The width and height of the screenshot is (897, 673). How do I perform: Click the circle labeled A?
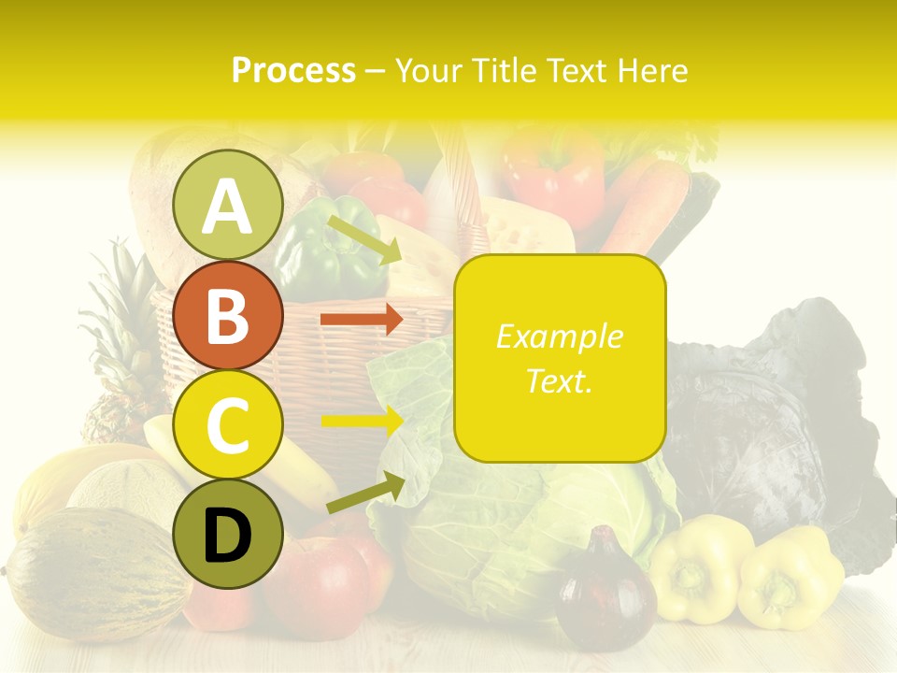tap(227, 206)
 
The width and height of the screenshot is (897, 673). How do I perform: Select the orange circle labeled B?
tap(227, 315)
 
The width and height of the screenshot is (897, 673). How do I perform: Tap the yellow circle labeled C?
tap(227, 425)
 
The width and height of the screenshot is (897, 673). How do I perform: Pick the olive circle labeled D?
tap(227, 534)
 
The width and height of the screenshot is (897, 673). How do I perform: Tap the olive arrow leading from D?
tap(364, 493)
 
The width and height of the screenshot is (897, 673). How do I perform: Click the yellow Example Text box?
tap(560, 358)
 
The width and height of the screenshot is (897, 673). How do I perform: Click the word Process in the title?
tap(293, 71)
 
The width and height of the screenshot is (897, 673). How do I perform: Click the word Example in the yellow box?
tap(559, 336)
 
